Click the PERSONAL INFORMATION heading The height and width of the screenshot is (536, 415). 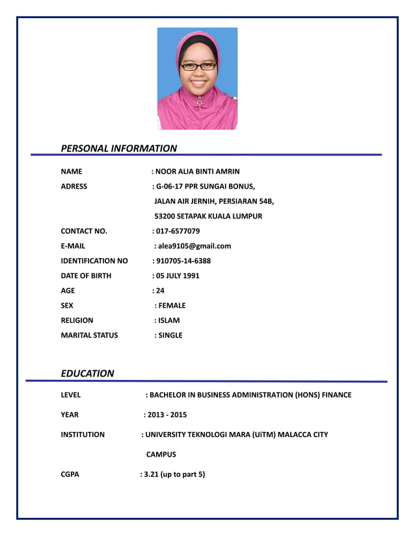coord(118,148)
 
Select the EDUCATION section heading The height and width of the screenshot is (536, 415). coord(87,373)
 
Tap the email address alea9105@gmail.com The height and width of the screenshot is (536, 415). coord(194,246)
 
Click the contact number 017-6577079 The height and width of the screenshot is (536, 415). coord(178,231)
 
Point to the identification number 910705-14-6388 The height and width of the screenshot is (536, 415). coord(183,261)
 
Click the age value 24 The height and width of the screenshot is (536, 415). coord(160,291)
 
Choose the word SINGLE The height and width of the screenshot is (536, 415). coord(170,336)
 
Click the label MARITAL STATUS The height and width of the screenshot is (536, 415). coord(89,336)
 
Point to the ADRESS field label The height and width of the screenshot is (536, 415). coord(74,186)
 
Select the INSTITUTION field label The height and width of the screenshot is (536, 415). coord(83,435)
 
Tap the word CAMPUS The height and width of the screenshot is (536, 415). coord(161,455)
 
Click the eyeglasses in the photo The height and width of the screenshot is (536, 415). coord(198,66)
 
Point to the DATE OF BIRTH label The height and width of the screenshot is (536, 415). coord(86,276)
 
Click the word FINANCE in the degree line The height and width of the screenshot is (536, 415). coord(335,395)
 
